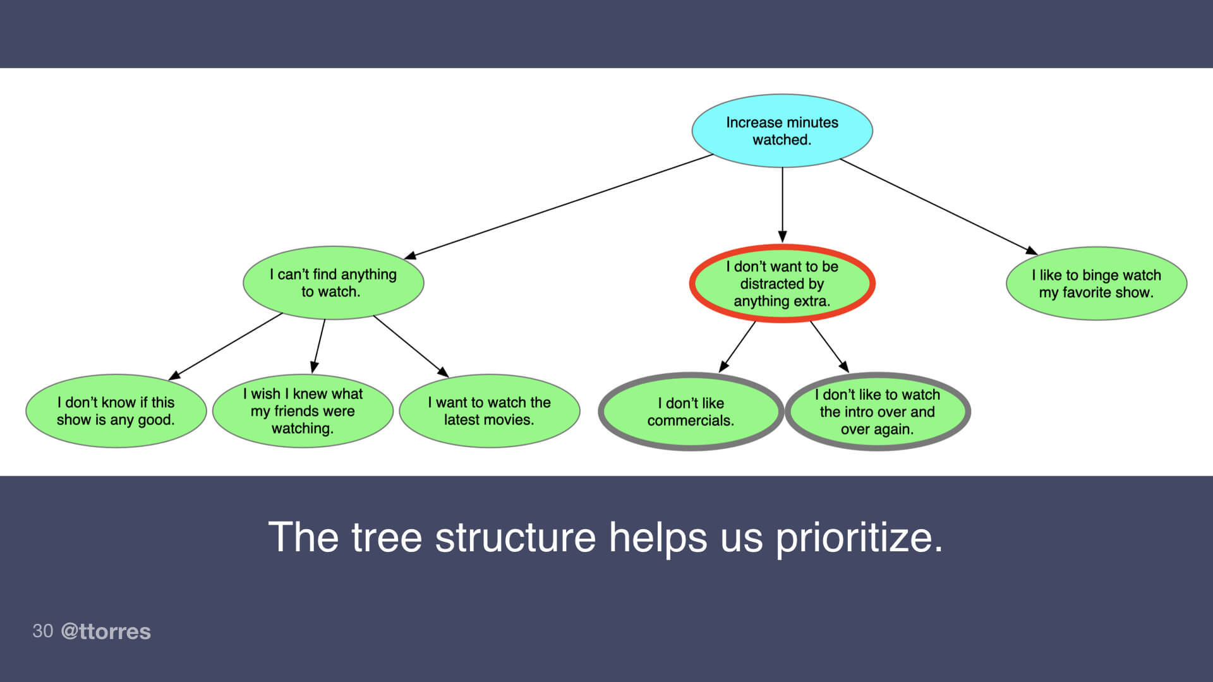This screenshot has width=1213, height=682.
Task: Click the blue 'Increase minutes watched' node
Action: pos(782,131)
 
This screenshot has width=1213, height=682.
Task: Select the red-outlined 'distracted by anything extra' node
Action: pos(782,284)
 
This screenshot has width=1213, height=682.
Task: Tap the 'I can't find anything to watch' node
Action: pos(333,283)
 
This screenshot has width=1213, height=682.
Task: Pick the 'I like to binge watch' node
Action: pos(1096,284)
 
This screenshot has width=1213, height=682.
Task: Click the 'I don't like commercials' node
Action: pos(691,412)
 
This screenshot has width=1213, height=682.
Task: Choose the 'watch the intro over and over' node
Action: pos(878,412)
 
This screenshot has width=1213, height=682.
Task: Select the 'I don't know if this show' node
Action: pos(116,411)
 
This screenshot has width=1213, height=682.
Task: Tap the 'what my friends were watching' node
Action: pos(303,411)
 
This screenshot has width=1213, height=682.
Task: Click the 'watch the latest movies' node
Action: pos(490,411)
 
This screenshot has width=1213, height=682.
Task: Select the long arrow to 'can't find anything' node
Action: pos(559,206)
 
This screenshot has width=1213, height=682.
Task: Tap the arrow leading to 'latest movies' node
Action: pos(411,346)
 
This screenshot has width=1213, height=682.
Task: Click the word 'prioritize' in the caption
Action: pos(859,538)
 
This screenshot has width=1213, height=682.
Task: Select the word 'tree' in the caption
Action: pos(386,538)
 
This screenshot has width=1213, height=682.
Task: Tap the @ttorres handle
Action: pos(106,631)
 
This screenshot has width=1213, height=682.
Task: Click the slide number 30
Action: pos(42,631)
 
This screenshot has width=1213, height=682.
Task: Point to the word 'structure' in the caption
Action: pos(515,538)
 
